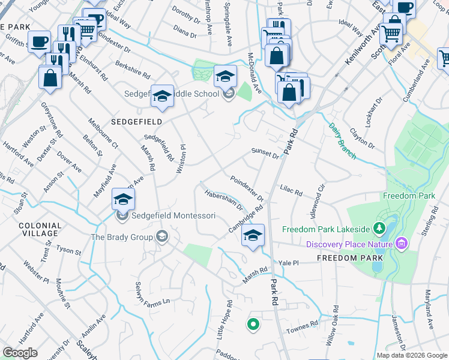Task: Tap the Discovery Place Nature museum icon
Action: [x=402, y=244]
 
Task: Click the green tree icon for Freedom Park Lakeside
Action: [x=379, y=228]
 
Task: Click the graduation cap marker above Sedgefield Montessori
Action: [x=123, y=199]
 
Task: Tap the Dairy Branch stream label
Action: [x=342, y=142]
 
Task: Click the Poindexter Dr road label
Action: [x=247, y=188]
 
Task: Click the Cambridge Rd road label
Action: [x=246, y=220]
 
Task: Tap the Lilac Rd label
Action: [x=291, y=190]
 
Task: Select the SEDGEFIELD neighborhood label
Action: [x=136, y=121]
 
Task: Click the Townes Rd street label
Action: [x=303, y=325]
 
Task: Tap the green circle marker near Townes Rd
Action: [x=253, y=325]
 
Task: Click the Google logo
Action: [x=20, y=353]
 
